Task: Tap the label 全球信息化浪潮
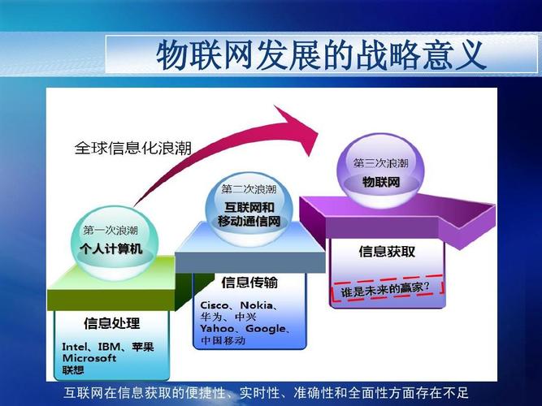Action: (x=133, y=149)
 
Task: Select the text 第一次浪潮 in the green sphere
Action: (x=110, y=230)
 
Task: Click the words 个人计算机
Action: (x=111, y=248)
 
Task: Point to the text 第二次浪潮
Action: (x=249, y=189)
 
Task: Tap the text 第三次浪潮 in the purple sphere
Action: (x=380, y=162)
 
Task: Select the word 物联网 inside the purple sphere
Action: (x=380, y=181)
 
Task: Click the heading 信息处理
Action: (x=112, y=323)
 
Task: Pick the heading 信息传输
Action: (x=249, y=283)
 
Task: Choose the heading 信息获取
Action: (x=387, y=252)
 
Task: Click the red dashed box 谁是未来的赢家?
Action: (x=387, y=287)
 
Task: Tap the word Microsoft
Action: (x=90, y=358)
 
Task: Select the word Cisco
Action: (x=216, y=305)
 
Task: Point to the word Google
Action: (x=265, y=329)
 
